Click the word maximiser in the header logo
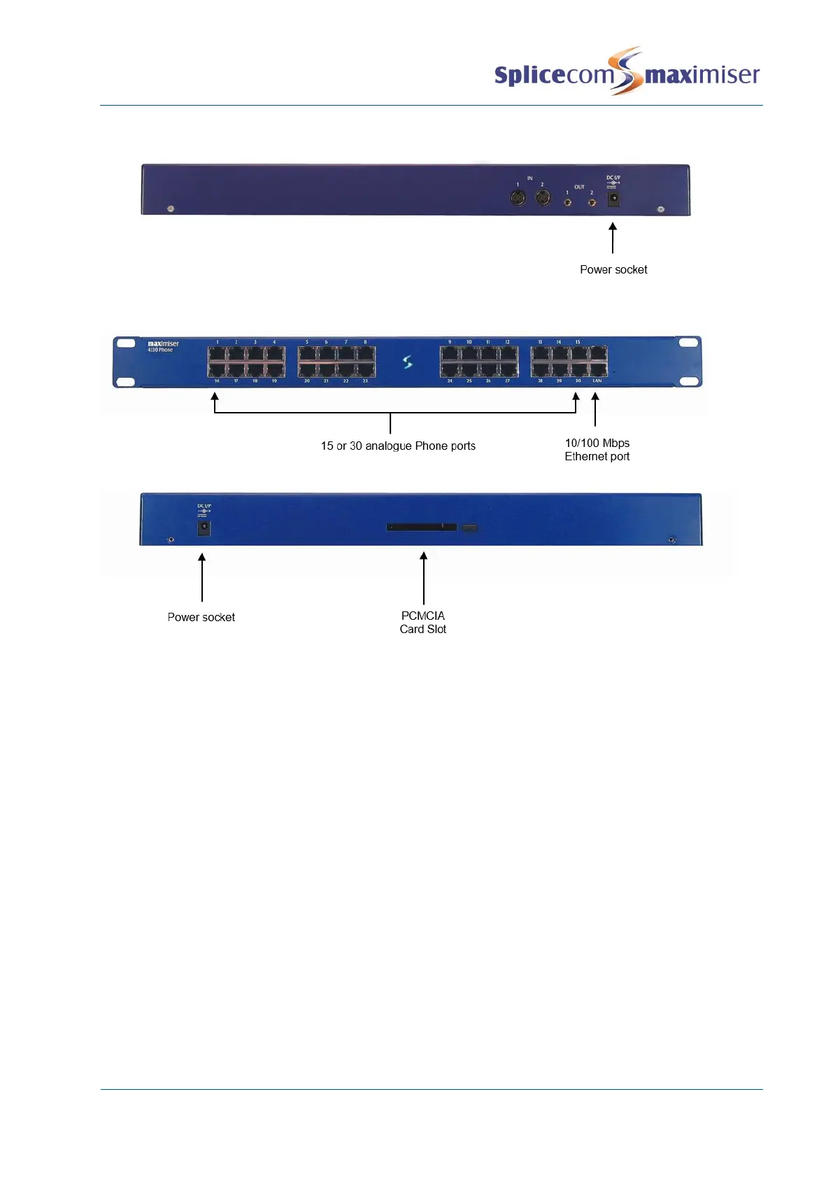(702, 74)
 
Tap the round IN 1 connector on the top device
(518, 199)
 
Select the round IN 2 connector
(543, 199)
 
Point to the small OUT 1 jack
(567, 202)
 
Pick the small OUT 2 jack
(592, 202)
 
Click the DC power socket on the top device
(613, 199)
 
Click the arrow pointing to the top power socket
(613, 238)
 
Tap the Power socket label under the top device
(613, 270)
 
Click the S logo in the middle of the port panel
(408, 362)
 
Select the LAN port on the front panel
(597, 370)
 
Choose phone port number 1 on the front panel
(218, 353)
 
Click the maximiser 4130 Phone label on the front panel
(163, 346)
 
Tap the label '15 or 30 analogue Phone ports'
(398, 446)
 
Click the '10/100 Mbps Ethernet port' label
(597, 450)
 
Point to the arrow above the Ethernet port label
(595, 409)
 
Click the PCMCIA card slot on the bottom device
(422, 527)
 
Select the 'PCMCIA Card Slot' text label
(423, 623)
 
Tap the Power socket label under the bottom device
(201, 618)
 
